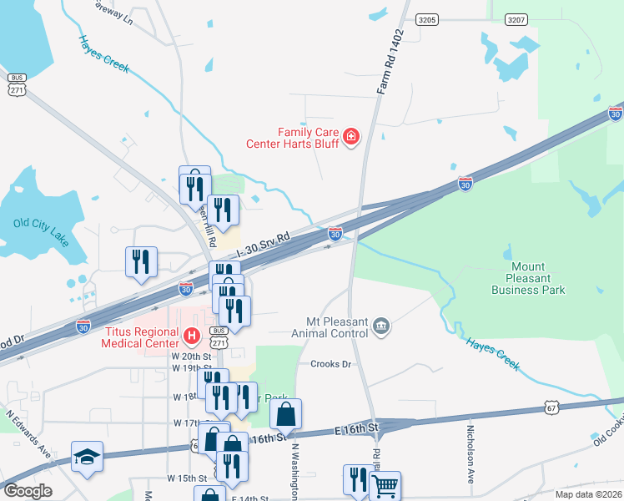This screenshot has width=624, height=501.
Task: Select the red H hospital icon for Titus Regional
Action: point(191,337)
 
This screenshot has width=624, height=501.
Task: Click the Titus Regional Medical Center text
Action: point(141,337)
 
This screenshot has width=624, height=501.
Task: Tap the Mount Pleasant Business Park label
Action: point(528,279)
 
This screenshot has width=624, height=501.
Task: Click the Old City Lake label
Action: point(39,224)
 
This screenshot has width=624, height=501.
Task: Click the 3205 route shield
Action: point(427,19)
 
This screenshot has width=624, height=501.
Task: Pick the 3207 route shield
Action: point(516,19)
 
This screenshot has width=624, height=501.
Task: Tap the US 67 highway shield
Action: point(551,407)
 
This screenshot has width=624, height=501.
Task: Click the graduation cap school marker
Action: point(87,457)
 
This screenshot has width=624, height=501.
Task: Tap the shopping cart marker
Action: point(385,485)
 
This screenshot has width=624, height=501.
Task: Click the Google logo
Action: point(28,491)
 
